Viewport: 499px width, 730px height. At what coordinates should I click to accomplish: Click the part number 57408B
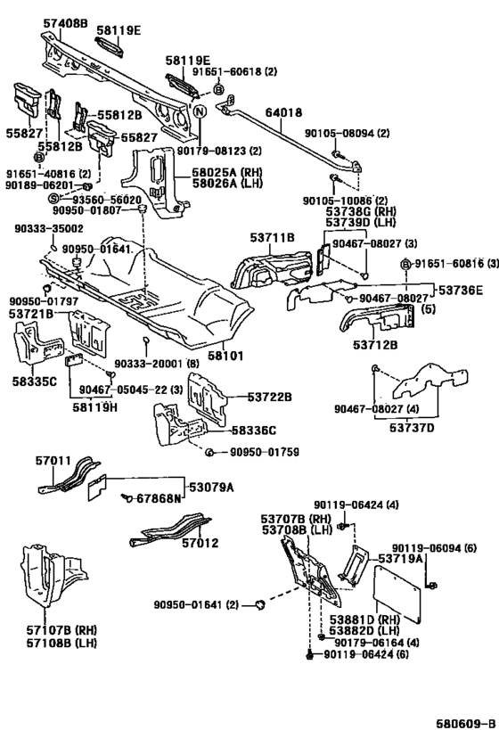65,22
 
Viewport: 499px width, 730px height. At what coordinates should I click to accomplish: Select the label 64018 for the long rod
284,112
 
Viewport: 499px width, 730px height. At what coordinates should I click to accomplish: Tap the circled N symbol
200,111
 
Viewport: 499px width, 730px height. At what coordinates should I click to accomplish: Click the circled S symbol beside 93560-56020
53,199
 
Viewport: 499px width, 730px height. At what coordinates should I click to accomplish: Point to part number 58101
225,356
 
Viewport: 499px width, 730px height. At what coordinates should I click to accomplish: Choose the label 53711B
273,238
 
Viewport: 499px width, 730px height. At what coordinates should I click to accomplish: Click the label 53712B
375,345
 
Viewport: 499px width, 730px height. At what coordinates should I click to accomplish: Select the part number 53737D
412,427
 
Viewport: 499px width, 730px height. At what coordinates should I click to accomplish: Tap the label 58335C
35,381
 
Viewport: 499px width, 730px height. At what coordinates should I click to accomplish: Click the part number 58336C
254,431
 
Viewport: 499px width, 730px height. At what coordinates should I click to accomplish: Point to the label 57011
53,461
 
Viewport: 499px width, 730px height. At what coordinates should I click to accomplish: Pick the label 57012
200,543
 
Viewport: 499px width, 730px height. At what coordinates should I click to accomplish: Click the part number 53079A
211,488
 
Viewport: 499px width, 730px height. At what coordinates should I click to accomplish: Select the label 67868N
159,498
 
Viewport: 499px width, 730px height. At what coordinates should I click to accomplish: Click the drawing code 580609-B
465,724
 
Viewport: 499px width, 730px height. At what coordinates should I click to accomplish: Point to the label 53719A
400,558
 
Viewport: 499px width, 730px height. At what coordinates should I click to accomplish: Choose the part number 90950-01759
265,452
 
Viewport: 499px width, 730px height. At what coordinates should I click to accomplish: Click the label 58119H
95,407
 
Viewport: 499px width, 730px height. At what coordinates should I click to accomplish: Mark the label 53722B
269,398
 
